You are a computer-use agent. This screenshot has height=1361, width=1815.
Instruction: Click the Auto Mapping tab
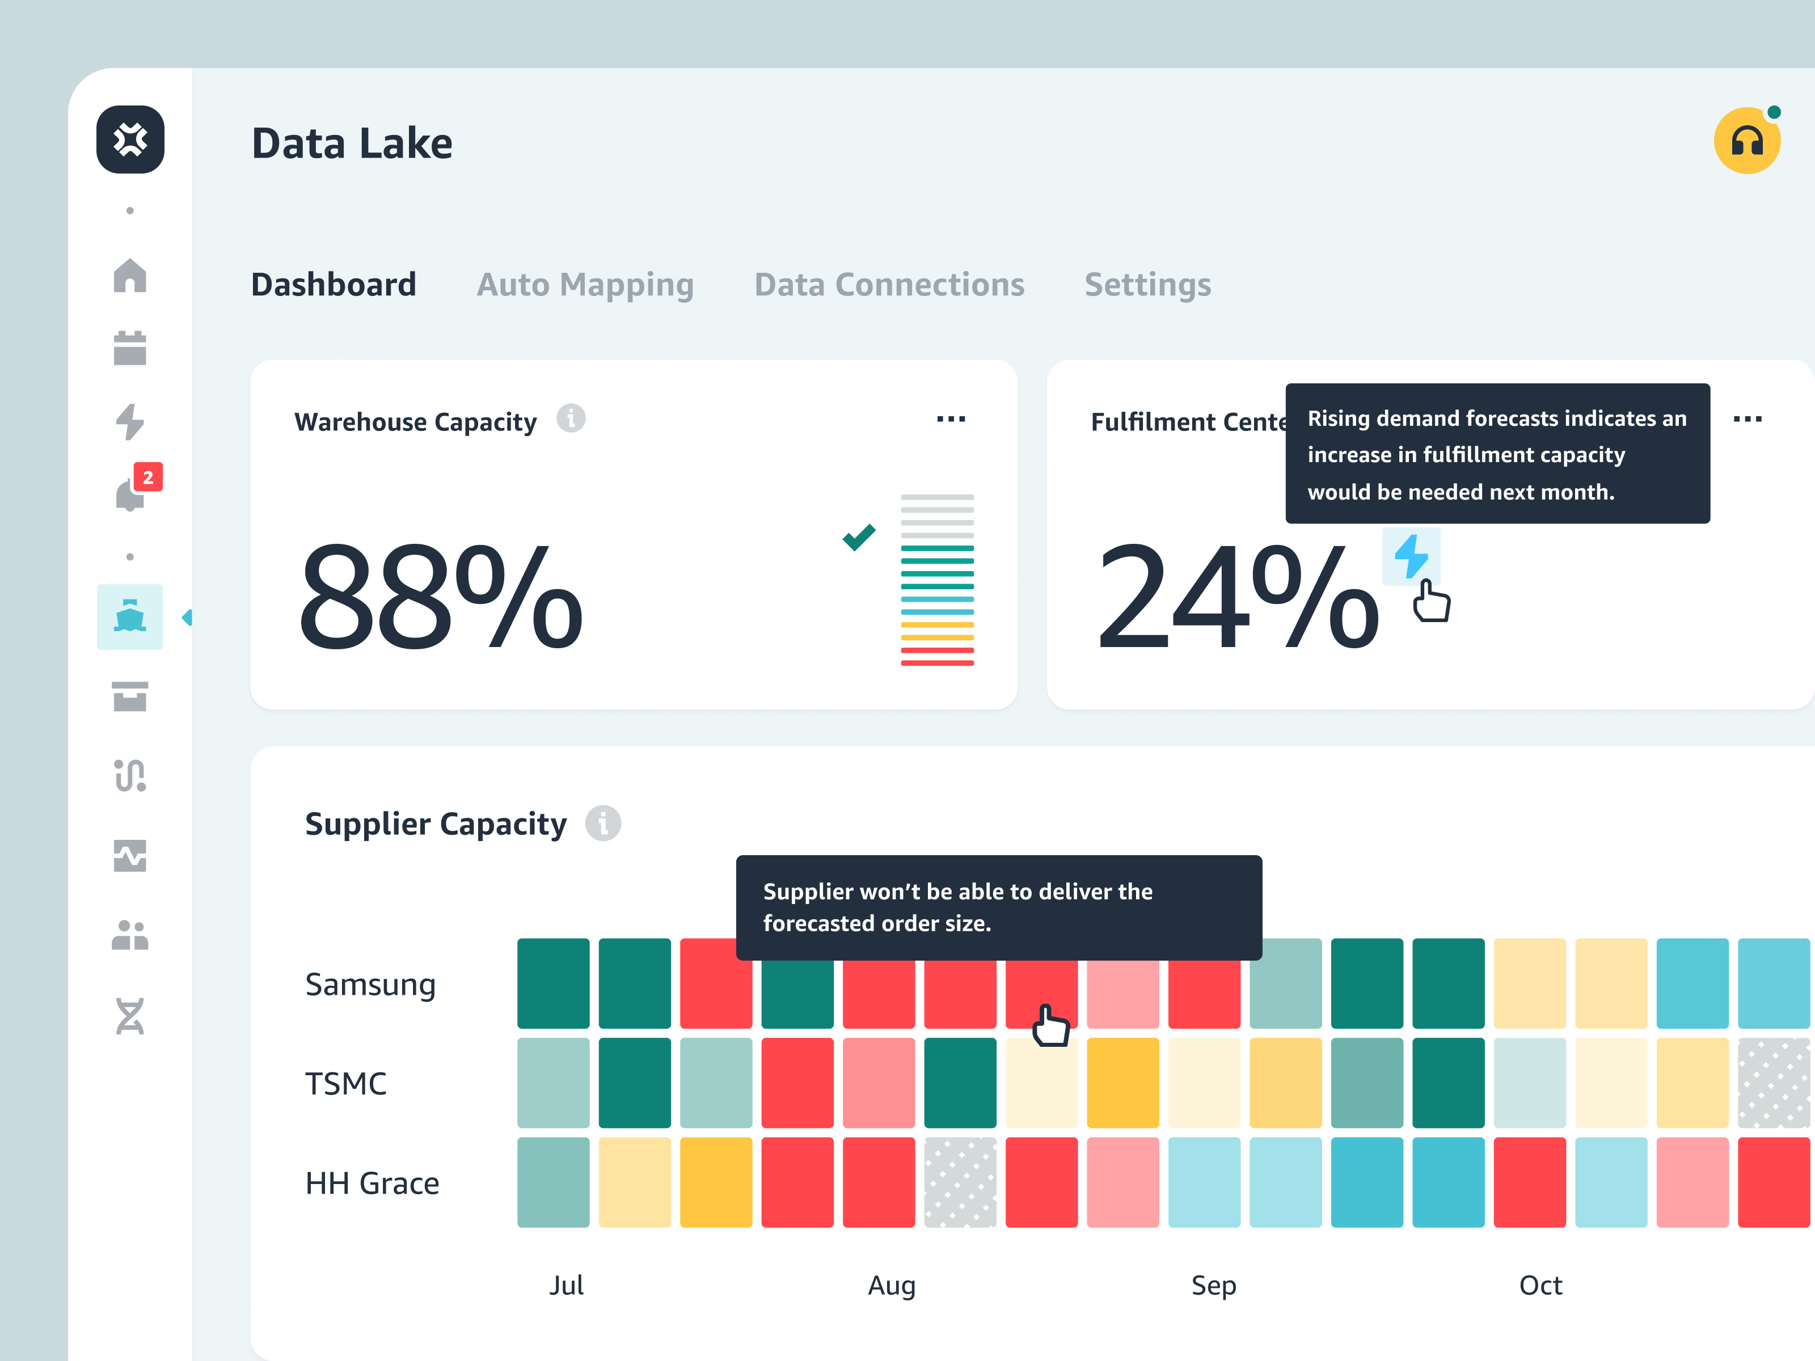tap(585, 285)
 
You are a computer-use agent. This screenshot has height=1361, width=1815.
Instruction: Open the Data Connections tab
tap(889, 285)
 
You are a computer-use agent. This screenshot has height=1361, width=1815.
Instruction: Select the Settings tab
tap(1147, 285)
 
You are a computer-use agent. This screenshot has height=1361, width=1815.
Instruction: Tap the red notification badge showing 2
tap(147, 477)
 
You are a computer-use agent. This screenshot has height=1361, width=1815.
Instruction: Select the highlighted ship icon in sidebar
tap(130, 617)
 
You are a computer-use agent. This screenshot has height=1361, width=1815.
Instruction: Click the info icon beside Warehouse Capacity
tap(571, 419)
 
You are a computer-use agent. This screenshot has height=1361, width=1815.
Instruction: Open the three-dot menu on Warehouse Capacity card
tap(951, 419)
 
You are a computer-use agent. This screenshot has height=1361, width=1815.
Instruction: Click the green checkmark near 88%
tap(859, 538)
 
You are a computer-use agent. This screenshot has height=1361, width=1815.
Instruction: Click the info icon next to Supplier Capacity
tap(603, 823)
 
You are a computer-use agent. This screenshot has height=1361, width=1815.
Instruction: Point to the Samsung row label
tap(370, 984)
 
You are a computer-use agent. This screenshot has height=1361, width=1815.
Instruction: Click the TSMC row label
tap(345, 1084)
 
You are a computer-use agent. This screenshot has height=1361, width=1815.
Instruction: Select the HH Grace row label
tap(372, 1183)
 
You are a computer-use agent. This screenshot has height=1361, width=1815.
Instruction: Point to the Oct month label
tap(1540, 1284)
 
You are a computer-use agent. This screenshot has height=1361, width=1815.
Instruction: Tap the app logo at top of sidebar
tap(130, 140)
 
